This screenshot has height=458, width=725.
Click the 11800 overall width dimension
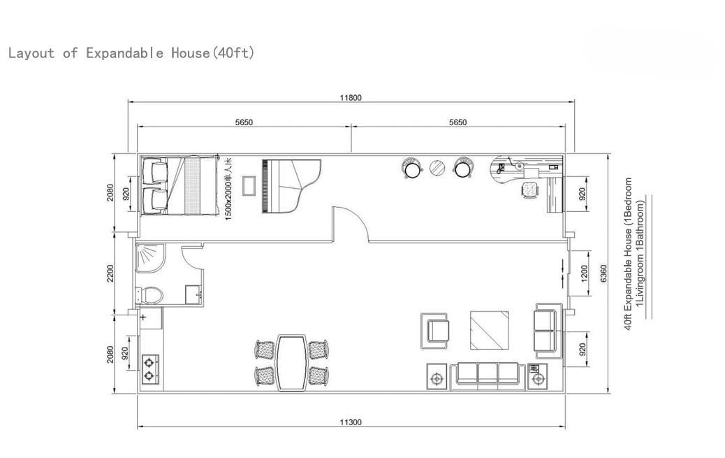coord(351,98)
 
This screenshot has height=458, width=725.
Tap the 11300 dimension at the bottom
coord(351,422)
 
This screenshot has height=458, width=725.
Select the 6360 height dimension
coord(603,273)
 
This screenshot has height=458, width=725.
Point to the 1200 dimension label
coord(583,273)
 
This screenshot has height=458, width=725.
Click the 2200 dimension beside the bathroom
coord(110,273)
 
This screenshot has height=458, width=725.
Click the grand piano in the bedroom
coord(291,186)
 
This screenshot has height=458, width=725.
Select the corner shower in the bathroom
coord(149,259)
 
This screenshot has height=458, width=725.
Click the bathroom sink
coord(193,294)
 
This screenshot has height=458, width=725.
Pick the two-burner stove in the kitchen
coord(149,369)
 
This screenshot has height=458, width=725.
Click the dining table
coord(292,363)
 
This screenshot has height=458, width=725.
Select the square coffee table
coord(490,330)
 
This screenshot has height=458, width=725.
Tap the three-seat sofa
coord(488,374)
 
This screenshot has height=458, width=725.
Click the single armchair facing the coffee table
coord(434,331)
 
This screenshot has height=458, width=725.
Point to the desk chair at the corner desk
coord(530,190)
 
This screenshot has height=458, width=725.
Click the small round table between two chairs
coord(437,168)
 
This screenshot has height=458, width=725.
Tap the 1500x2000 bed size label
coord(228,189)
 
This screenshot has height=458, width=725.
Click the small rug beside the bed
coord(249,186)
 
